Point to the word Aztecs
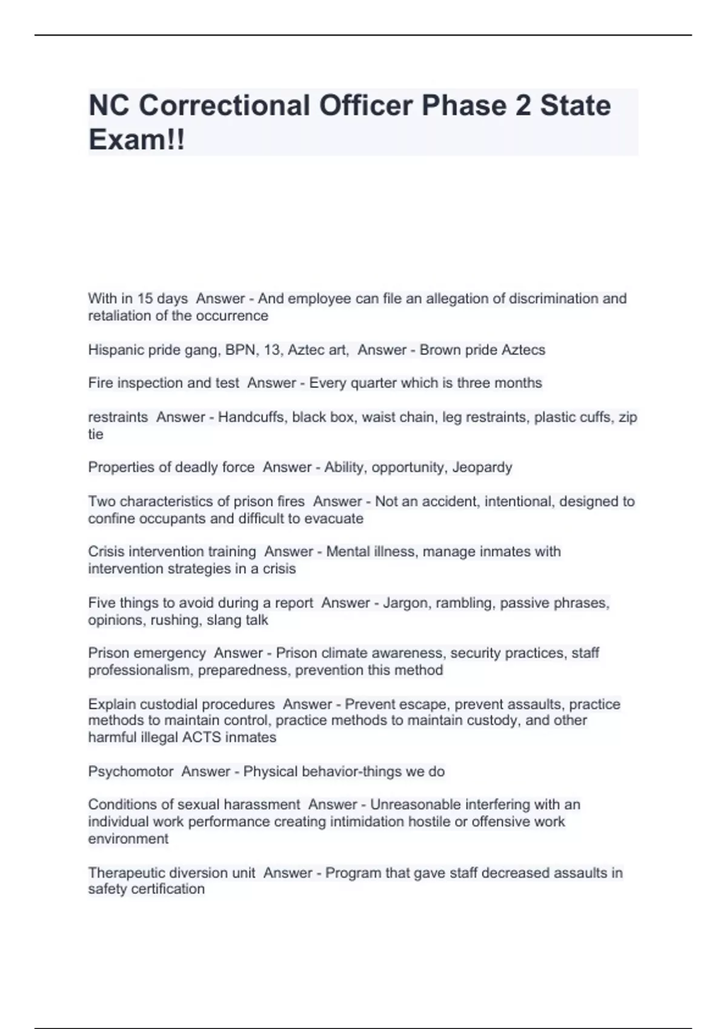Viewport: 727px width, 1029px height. (522, 350)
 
